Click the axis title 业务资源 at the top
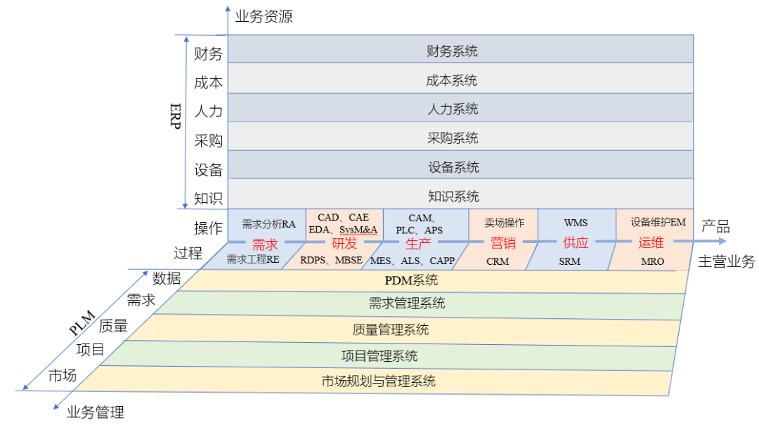click(264, 16)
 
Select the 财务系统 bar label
click(452, 51)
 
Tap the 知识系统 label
click(453, 196)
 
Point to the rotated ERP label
click(176, 116)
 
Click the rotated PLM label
click(82, 323)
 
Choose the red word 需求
click(265, 244)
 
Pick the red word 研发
click(344, 243)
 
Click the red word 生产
click(418, 244)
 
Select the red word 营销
click(503, 242)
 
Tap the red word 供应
click(576, 242)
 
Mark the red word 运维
click(651, 242)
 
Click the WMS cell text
click(576, 223)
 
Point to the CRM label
click(498, 261)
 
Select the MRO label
click(652, 261)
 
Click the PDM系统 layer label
click(411, 280)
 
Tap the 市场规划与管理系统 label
click(379, 381)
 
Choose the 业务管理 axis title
click(96, 412)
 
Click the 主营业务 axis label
click(726, 261)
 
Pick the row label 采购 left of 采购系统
click(208, 140)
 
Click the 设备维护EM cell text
click(659, 222)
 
